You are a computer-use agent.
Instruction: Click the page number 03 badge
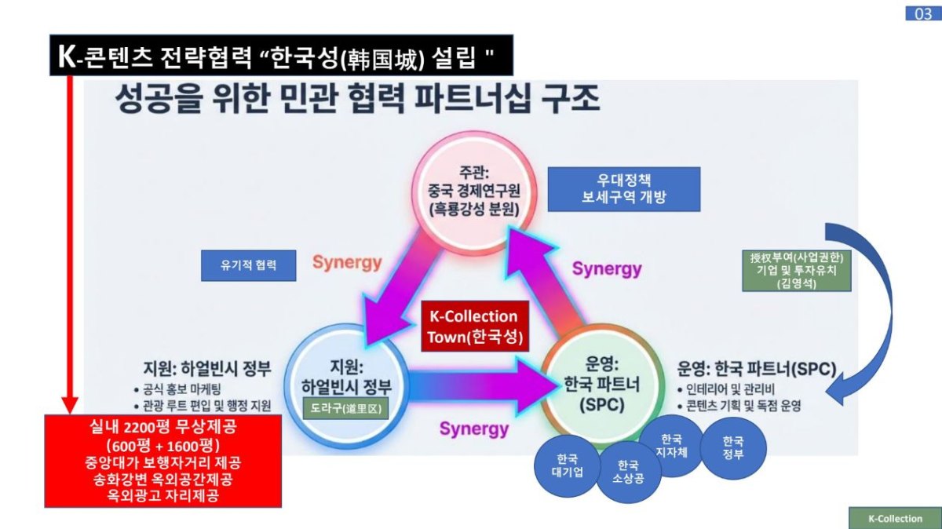(922, 13)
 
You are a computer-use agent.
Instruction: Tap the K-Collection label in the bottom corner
(895, 518)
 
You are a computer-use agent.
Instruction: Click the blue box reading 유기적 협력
(249, 265)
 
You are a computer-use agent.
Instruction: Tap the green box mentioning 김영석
(796, 270)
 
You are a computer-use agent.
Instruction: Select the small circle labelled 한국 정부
(732, 447)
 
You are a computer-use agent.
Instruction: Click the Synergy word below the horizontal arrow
(473, 429)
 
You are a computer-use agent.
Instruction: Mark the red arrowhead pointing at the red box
(70, 404)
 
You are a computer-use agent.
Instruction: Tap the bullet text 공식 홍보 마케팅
(183, 389)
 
